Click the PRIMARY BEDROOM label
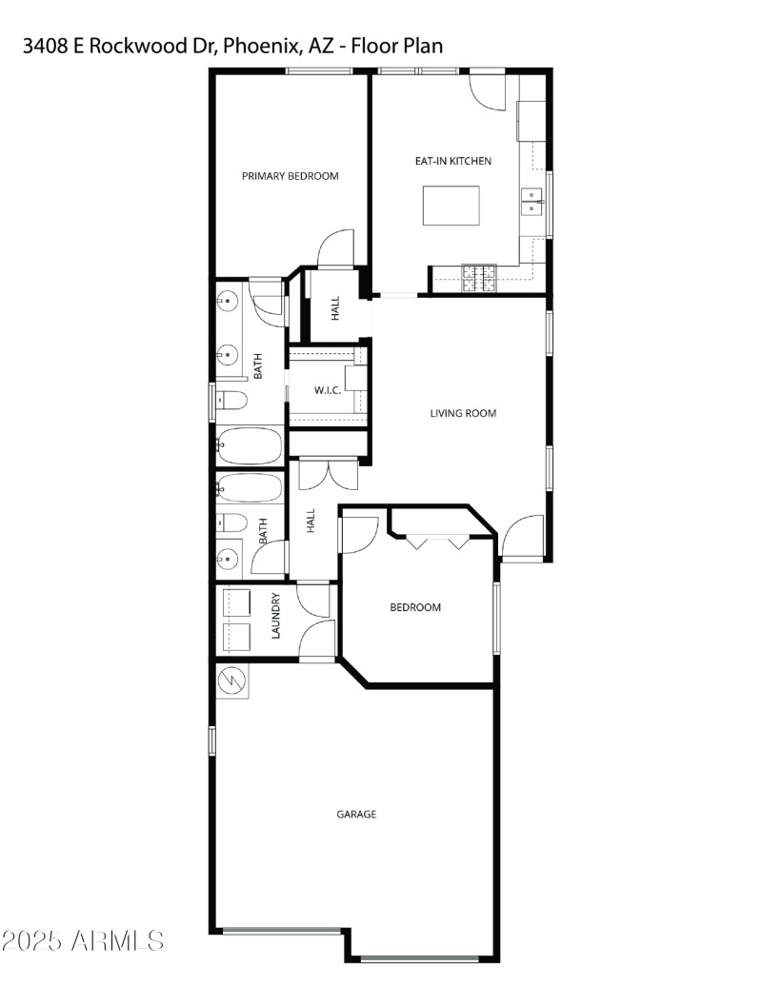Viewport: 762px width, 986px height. (x=290, y=176)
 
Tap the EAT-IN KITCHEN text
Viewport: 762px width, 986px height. (x=452, y=161)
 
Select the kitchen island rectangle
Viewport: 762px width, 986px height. (x=451, y=206)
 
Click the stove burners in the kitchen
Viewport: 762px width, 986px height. (x=480, y=277)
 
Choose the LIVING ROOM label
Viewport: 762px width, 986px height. (x=463, y=413)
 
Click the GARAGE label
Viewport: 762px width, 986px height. (x=356, y=814)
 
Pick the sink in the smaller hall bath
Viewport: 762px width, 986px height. (x=230, y=557)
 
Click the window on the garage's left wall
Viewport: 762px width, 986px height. (x=212, y=739)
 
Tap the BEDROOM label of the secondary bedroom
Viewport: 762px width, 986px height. (x=415, y=607)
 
